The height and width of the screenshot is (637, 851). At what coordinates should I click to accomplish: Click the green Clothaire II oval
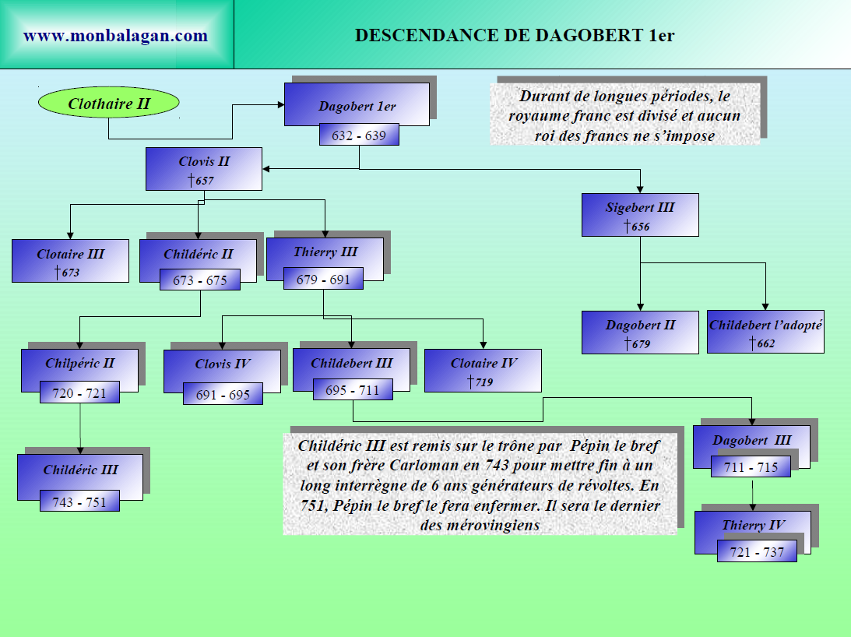pyautogui.click(x=109, y=102)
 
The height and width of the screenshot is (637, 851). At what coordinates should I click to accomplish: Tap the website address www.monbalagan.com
pyautogui.click(x=115, y=36)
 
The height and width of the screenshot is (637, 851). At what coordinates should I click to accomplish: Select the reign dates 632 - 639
pyautogui.click(x=358, y=135)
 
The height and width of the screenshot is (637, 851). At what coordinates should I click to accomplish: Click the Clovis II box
pyautogui.click(x=204, y=170)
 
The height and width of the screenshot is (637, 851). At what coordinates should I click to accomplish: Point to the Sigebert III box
pyautogui.click(x=640, y=215)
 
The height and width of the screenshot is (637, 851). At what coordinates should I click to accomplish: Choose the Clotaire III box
pyautogui.click(x=70, y=261)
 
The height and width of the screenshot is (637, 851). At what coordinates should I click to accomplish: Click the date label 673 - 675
pyautogui.click(x=200, y=280)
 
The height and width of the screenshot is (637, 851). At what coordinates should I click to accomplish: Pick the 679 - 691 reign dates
pyautogui.click(x=323, y=280)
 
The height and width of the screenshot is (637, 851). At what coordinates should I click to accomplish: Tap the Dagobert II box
pyautogui.click(x=640, y=332)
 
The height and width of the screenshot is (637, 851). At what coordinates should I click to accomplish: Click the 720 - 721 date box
pyautogui.click(x=79, y=392)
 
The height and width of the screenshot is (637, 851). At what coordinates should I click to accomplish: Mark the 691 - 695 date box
pyautogui.click(x=223, y=395)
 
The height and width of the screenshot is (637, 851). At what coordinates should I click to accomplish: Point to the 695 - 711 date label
pyautogui.click(x=353, y=390)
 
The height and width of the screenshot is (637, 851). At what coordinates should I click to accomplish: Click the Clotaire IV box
pyautogui.click(x=483, y=371)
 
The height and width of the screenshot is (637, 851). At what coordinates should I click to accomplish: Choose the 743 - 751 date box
pyautogui.click(x=79, y=502)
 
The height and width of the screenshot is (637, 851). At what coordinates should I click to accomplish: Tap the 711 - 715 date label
pyautogui.click(x=751, y=467)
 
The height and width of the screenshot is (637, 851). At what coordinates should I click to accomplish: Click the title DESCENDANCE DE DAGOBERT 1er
pyautogui.click(x=515, y=36)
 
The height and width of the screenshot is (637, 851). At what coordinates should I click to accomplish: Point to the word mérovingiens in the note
pyautogui.click(x=490, y=526)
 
